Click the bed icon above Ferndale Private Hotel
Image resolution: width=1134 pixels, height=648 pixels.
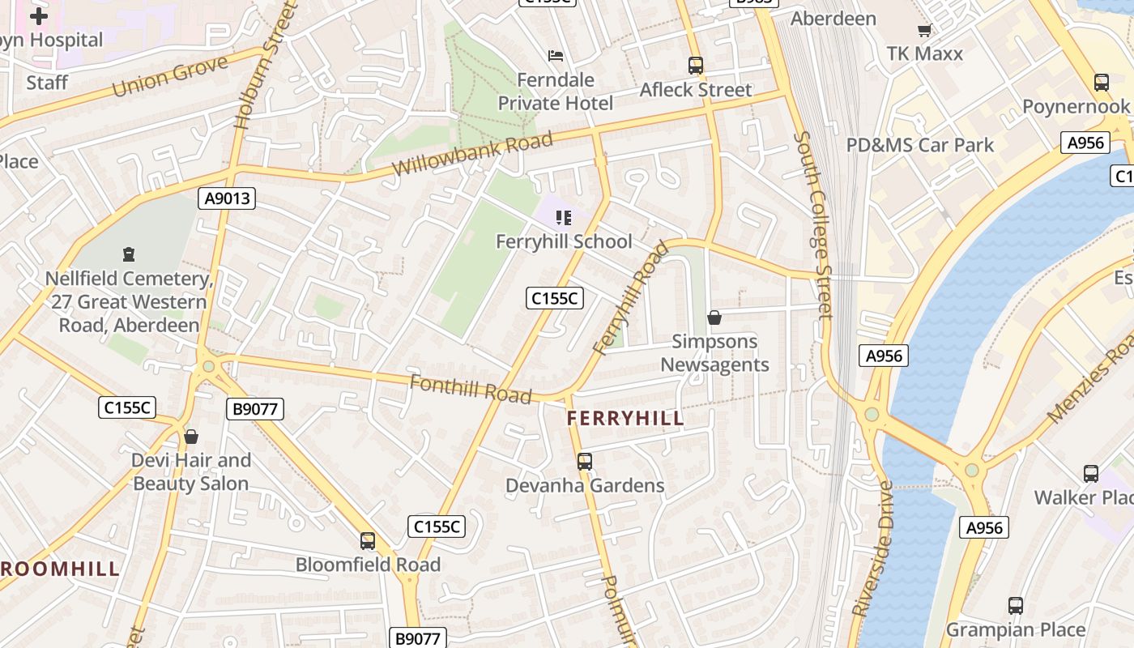click(x=556, y=56)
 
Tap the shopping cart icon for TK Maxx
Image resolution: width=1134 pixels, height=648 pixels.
click(x=924, y=31)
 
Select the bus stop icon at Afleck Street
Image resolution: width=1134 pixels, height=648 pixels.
click(x=695, y=66)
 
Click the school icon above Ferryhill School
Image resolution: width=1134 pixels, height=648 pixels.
click(x=564, y=217)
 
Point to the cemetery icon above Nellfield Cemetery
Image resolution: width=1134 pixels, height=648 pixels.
click(x=128, y=254)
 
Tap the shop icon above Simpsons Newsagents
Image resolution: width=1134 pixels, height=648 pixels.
click(x=714, y=318)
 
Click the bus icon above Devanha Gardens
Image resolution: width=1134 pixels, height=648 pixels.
click(x=585, y=462)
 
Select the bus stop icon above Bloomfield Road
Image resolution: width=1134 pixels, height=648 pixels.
click(x=368, y=541)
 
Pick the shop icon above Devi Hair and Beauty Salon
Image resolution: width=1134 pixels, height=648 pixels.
click(x=191, y=437)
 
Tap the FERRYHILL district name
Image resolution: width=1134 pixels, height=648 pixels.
click(x=625, y=419)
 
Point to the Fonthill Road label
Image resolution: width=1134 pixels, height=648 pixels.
click(x=471, y=389)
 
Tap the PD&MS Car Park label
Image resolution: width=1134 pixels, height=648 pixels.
click(x=919, y=146)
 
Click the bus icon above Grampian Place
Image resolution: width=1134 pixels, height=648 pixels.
click(x=1016, y=606)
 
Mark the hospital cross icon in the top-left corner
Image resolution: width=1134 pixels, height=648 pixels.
click(x=38, y=15)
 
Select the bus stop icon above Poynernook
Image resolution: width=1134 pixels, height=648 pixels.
click(x=1101, y=83)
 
